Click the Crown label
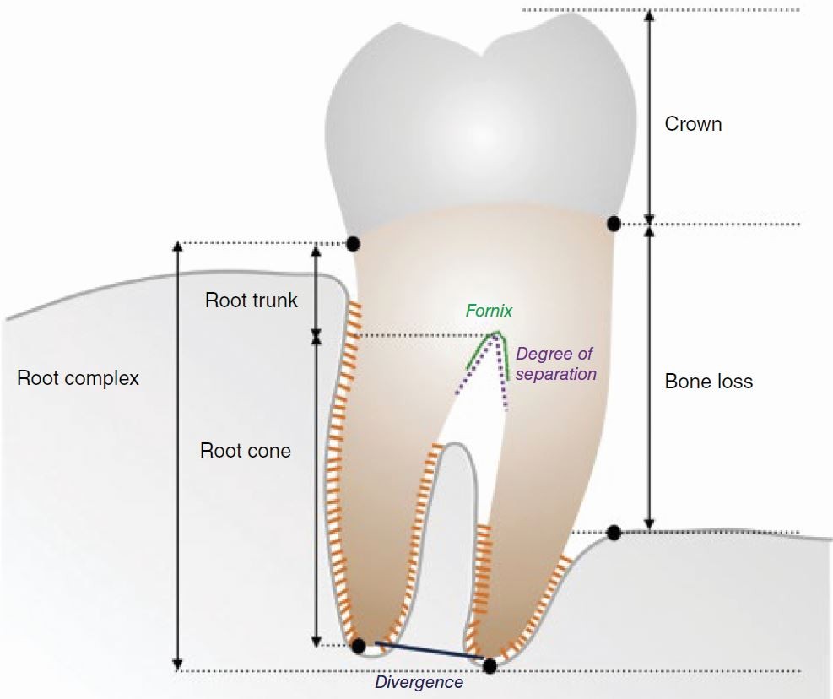[693, 124]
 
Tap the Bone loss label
[708, 382]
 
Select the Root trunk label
[252, 301]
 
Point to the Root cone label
[245, 451]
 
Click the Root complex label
[78, 378]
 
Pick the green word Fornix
[489, 311]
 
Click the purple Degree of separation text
[555, 364]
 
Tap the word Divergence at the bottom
[419, 682]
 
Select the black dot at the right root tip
[490, 665]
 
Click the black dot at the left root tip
[359, 646]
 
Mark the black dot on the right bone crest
[614, 533]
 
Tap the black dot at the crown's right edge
[614, 224]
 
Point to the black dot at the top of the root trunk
[354, 243]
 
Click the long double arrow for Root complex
[177, 456]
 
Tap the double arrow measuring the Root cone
[316, 490]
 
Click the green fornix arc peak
[497, 333]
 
